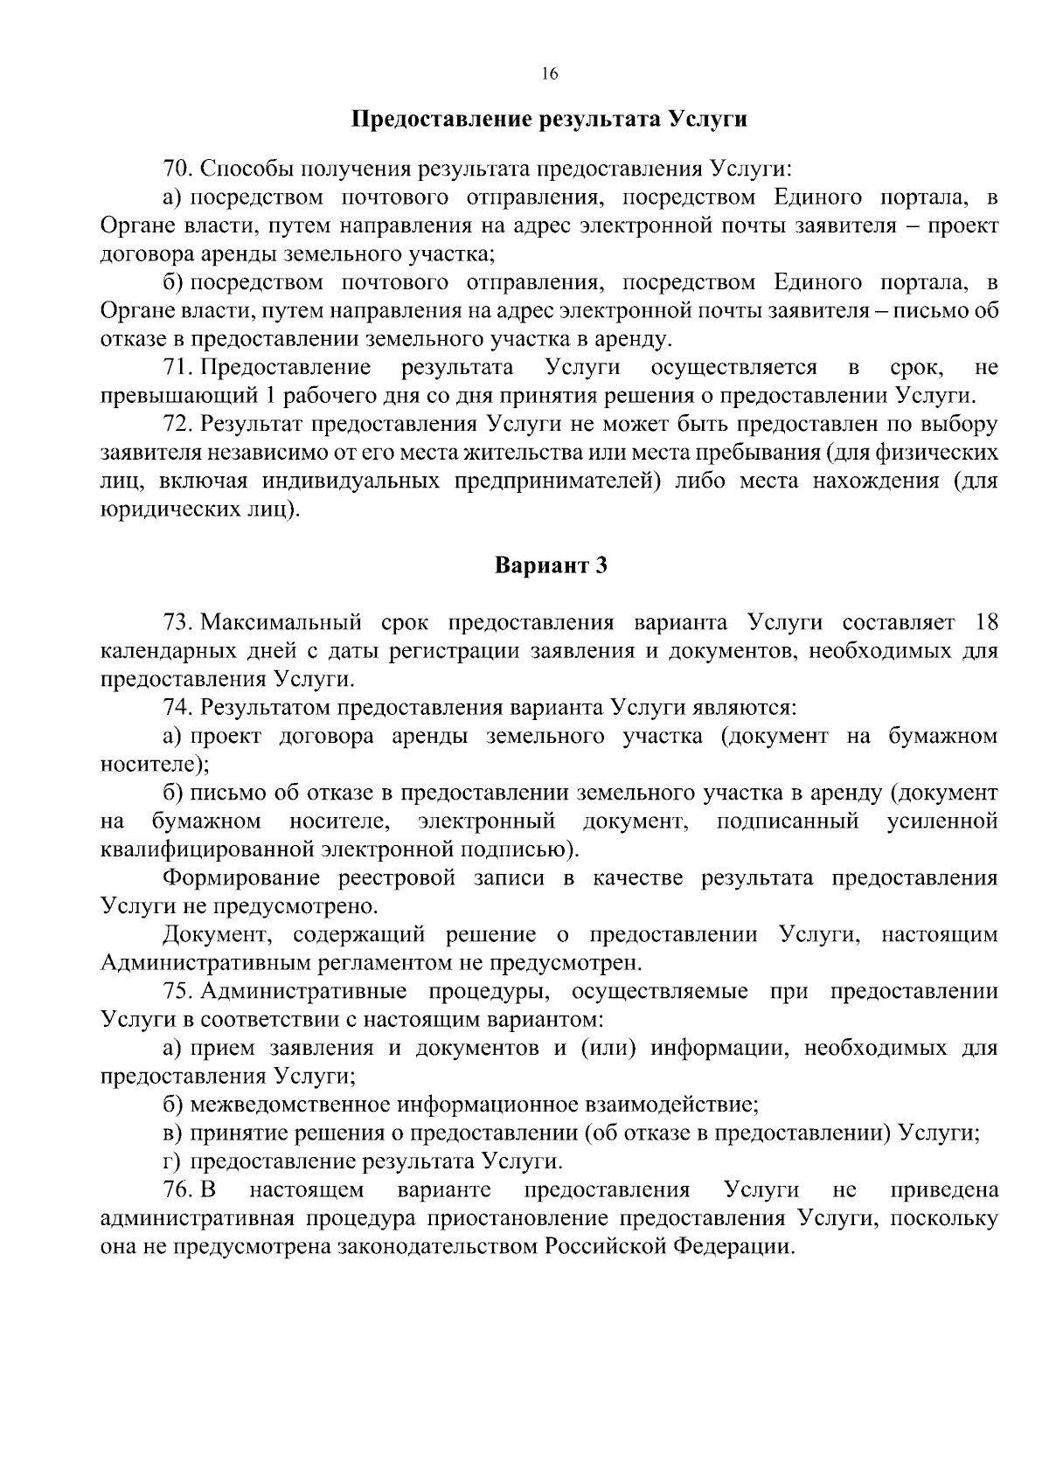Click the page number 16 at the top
[x=549, y=74]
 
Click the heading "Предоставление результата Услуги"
[x=549, y=119]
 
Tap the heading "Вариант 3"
[x=551, y=566]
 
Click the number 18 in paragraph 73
[x=985, y=622]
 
